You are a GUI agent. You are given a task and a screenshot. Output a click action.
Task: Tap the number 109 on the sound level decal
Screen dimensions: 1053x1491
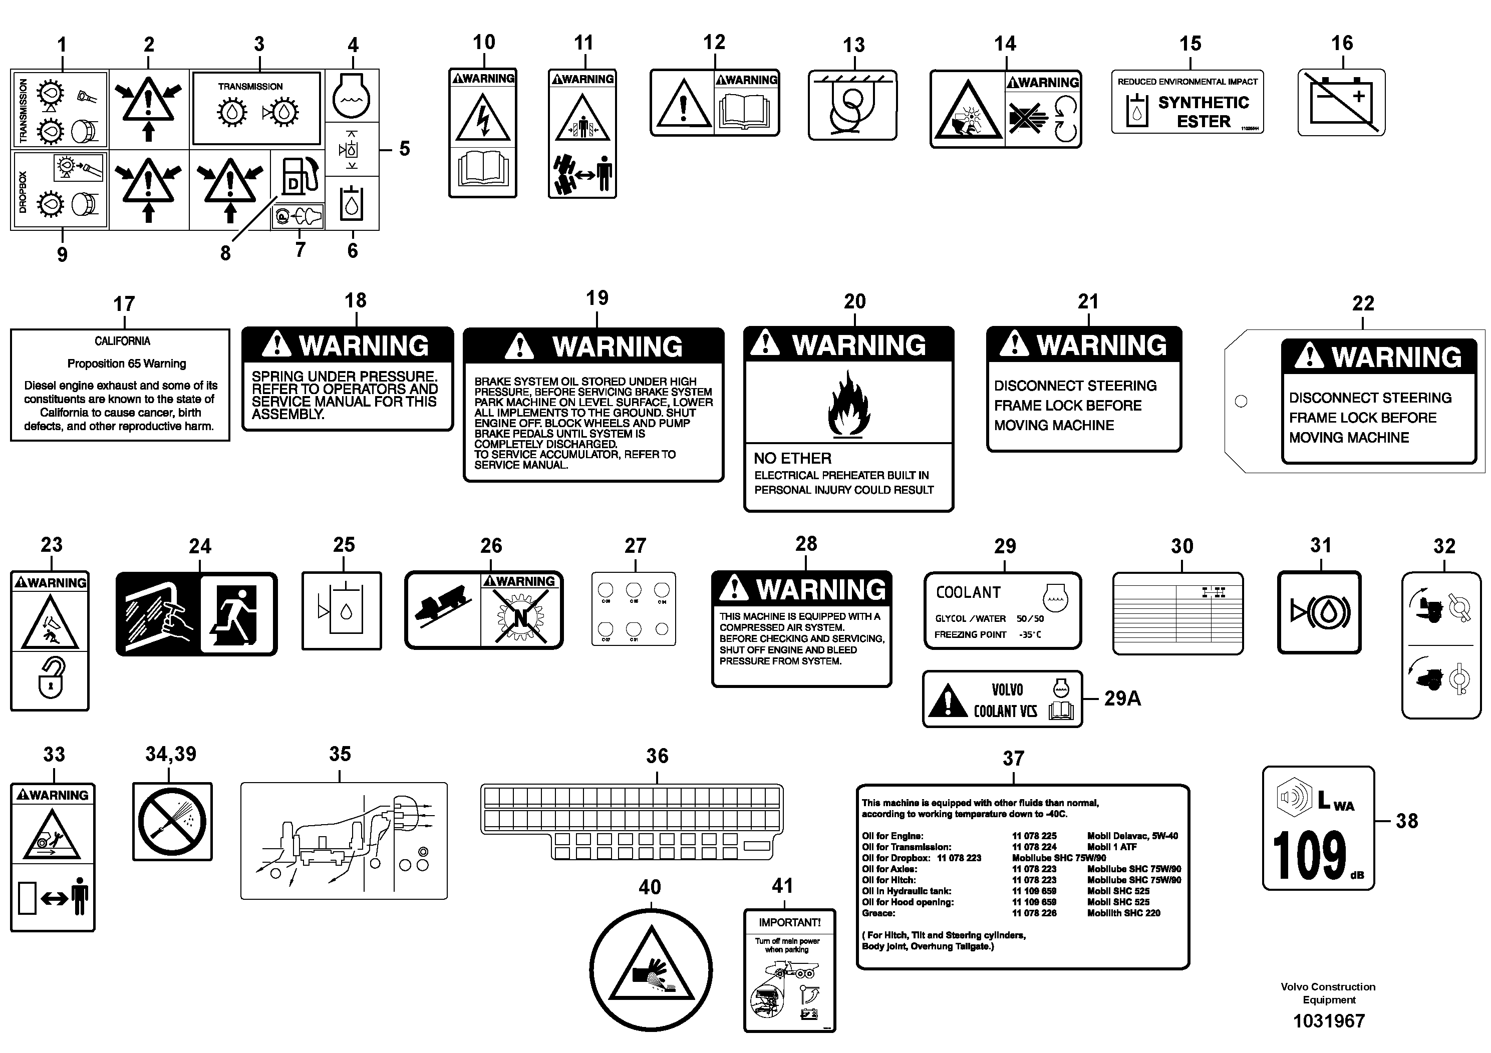(x=1309, y=856)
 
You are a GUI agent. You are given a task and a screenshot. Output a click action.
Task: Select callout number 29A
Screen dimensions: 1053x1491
(x=1122, y=698)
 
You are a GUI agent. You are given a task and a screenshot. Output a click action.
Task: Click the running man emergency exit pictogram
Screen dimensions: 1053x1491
(x=236, y=613)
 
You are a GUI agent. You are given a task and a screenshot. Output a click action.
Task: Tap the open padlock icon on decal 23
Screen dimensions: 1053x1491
(x=51, y=678)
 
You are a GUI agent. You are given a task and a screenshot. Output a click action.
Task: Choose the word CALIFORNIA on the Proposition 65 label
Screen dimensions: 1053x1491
(x=122, y=341)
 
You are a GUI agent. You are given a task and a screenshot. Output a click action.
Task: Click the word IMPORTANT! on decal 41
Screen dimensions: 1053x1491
(x=789, y=922)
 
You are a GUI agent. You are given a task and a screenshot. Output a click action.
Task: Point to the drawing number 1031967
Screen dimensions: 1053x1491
(x=1329, y=1021)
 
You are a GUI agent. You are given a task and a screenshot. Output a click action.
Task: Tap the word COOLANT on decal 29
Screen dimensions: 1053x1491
(x=968, y=593)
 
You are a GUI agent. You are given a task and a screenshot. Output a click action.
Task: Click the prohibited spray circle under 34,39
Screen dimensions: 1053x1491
(x=172, y=821)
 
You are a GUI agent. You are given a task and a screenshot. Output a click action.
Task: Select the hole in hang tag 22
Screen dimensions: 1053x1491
(x=1241, y=401)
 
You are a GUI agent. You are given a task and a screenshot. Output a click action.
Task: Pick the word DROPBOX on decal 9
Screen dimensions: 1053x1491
(x=23, y=192)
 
